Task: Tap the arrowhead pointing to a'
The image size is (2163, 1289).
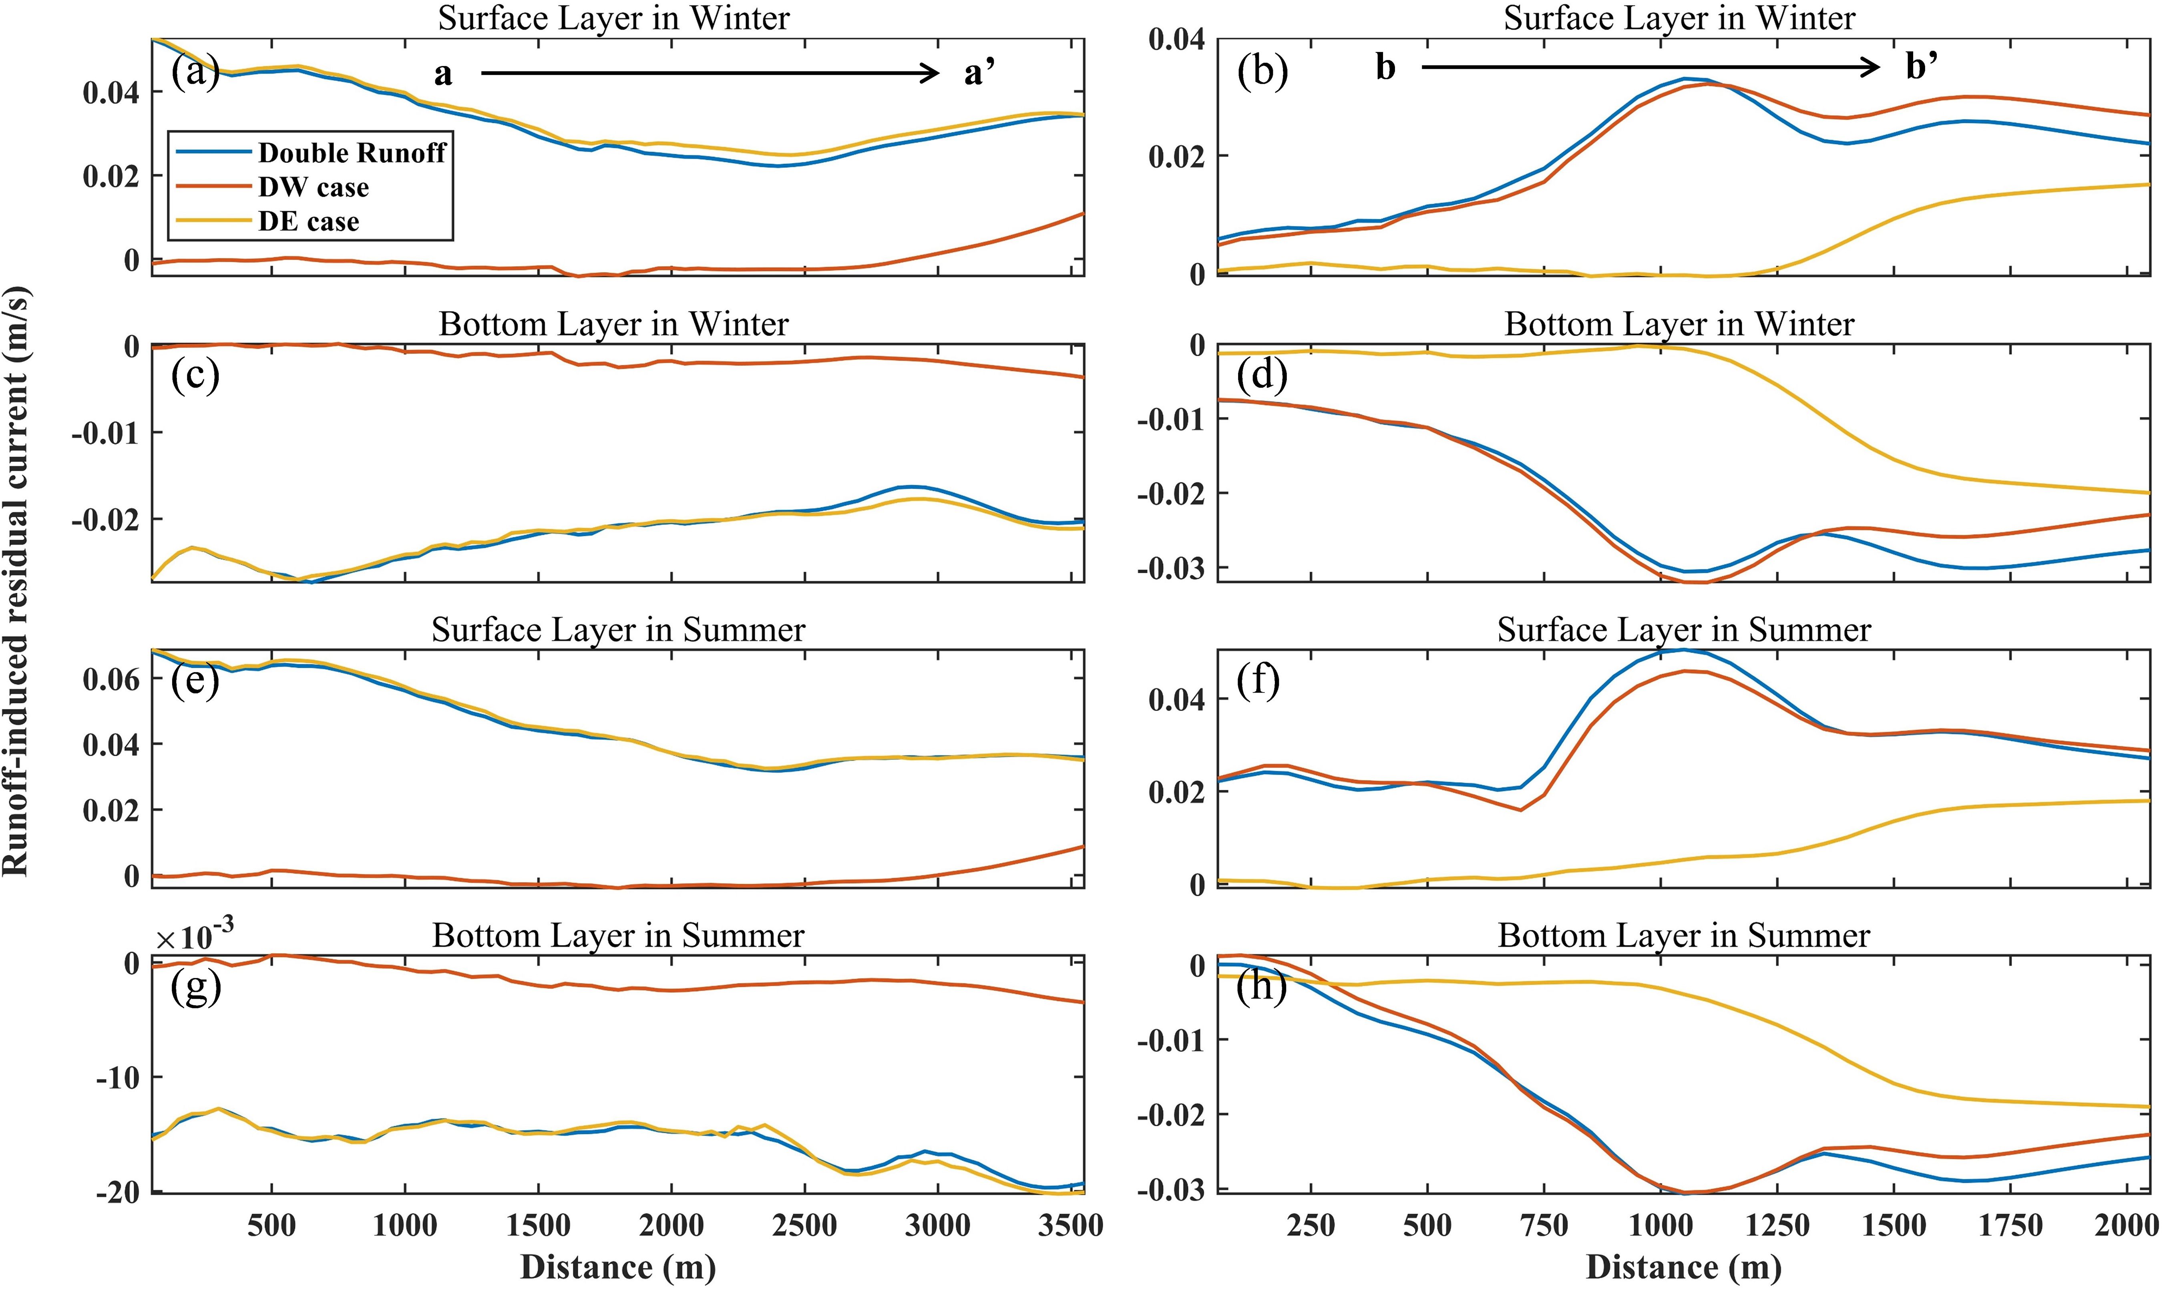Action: point(931,74)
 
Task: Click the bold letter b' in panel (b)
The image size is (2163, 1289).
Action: point(1922,66)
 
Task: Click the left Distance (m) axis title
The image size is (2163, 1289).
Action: point(617,1267)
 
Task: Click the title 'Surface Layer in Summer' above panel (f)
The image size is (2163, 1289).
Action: point(1683,630)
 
